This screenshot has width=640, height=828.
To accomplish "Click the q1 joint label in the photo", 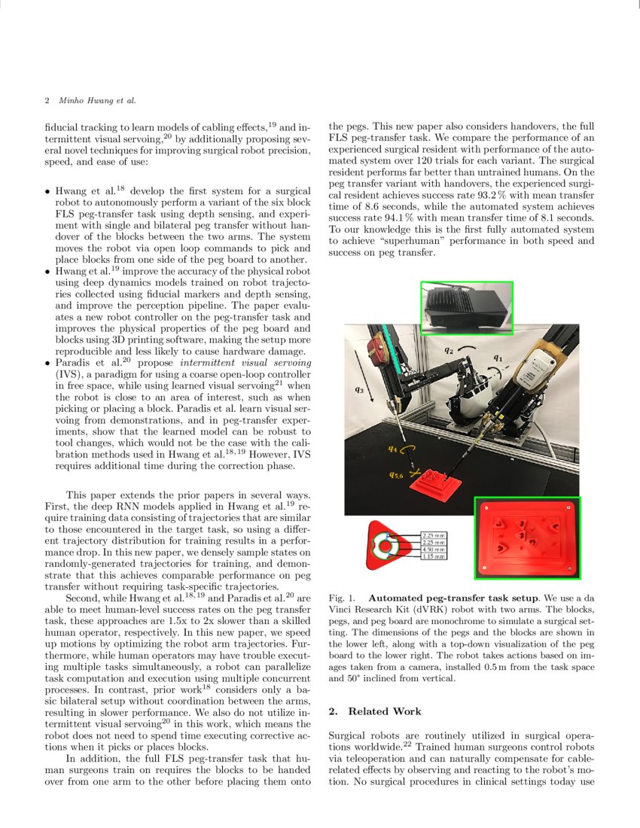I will (x=498, y=358).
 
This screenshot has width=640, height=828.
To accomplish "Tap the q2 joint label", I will (x=448, y=349).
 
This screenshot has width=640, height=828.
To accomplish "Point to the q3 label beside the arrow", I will (x=359, y=390).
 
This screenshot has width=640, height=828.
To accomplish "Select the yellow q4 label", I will (x=393, y=449).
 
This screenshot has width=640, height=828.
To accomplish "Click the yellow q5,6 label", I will (x=396, y=475).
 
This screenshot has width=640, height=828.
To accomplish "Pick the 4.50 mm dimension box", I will (x=434, y=549).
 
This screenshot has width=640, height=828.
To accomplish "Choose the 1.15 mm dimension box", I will (x=434, y=556).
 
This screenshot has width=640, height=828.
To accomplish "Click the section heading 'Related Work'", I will (x=385, y=711).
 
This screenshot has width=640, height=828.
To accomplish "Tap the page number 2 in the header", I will (x=47, y=100).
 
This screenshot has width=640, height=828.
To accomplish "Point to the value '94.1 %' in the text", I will (x=404, y=218).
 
